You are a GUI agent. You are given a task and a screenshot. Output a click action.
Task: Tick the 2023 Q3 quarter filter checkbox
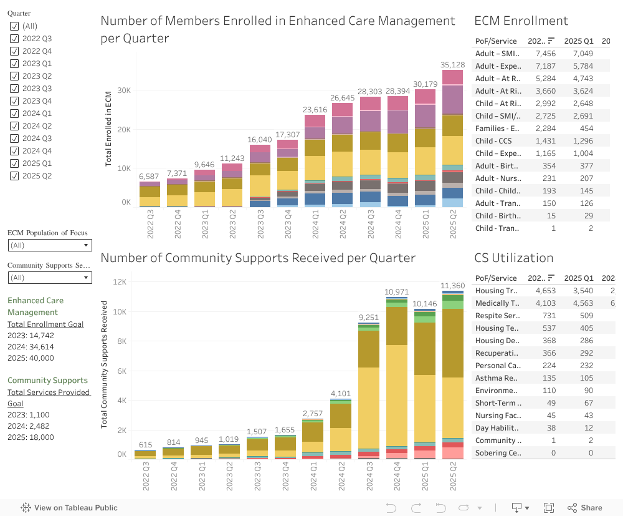pyautogui.click(x=14, y=89)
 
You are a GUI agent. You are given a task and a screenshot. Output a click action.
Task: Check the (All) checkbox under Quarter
pyautogui.click(x=14, y=26)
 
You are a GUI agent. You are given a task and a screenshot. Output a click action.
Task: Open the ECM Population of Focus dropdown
pyautogui.click(x=50, y=245)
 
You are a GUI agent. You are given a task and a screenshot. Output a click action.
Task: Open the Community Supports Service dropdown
pyautogui.click(x=50, y=278)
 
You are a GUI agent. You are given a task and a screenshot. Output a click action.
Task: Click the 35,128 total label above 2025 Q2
pyautogui.click(x=453, y=65)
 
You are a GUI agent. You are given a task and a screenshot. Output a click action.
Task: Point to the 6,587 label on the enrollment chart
pyautogui.click(x=149, y=177)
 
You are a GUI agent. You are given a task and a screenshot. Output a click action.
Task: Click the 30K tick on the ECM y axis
pyautogui.click(x=123, y=90)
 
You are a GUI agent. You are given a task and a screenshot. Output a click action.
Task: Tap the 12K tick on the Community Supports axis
pyautogui.click(x=118, y=282)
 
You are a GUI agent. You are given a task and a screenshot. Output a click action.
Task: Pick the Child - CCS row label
pyautogui.click(x=494, y=141)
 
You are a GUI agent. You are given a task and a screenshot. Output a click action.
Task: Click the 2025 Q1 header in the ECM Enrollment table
pyautogui.click(x=579, y=41)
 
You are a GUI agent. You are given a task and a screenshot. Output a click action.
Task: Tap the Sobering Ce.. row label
pyautogui.click(x=498, y=453)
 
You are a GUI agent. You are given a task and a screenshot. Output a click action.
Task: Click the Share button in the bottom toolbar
pyautogui.click(x=584, y=508)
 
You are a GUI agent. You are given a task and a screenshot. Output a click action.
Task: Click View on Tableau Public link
pyautogui.click(x=69, y=508)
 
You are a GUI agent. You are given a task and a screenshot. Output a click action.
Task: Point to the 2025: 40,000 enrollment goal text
pyautogui.click(x=31, y=358)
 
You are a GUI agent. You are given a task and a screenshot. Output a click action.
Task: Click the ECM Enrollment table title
pyautogui.click(x=521, y=21)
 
